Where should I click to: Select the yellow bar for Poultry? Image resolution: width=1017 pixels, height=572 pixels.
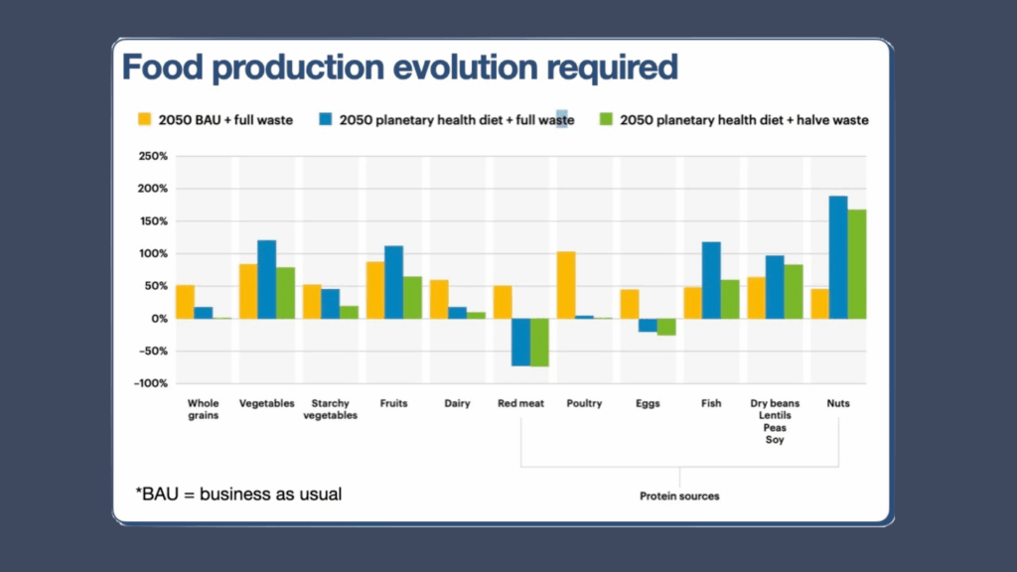pyautogui.click(x=566, y=285)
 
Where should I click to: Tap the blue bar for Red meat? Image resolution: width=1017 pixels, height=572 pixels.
pyautogui.click(x=520, y=342)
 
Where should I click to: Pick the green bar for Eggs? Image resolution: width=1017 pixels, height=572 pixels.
pyautogui.click(x=665, y=327)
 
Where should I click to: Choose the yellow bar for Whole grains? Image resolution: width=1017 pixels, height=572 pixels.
pyautogui.click(x=185, y=302)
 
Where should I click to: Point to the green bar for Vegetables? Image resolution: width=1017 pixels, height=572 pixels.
pyautogui.click(x=286, y=293)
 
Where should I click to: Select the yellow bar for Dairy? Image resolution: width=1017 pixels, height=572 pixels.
pyautogui.click(x=439, y=299)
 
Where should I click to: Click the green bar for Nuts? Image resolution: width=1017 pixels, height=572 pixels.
pyautogui.click(x=856, y=264)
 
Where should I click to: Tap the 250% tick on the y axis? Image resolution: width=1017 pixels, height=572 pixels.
pyautogui.click(x=153, y=157)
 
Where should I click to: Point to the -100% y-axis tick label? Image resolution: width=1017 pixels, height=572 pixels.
pyautogui.click(x=151, y=383)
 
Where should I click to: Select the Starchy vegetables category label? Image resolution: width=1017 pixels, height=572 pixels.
pyautogui.click(x=331, y=409)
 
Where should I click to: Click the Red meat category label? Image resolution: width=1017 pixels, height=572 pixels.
pyautogui.click(x=519, y=404)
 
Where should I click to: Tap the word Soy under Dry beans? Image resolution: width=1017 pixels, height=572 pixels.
pyautogui.click(x=775, y=440)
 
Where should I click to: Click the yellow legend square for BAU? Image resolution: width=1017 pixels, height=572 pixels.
pyautogui.click(x=143, y=120)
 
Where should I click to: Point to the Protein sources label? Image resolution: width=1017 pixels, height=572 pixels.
pyautogui.click(x=679, y=496)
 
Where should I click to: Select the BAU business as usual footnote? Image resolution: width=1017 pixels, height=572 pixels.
pyautogui.click(x=238, y=494)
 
